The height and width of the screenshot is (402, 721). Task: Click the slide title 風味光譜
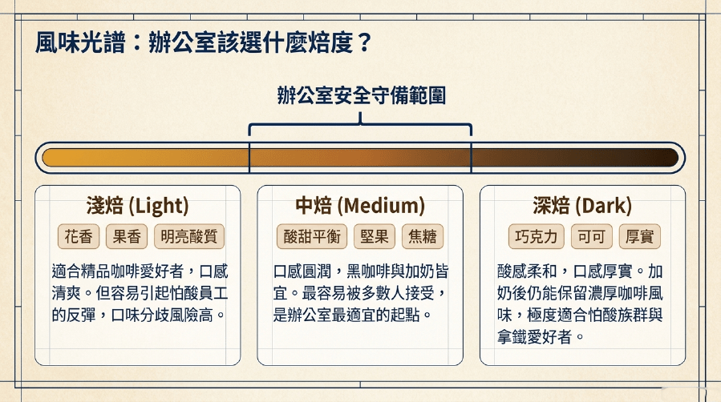click(80, 43)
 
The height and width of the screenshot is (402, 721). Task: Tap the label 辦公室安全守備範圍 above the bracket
click(361, 95)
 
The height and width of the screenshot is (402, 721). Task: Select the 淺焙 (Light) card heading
click(137, 206)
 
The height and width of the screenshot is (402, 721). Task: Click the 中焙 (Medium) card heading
click(360, 206)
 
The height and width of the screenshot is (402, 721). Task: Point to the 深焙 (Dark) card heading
click(582, 206)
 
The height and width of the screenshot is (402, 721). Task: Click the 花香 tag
click(79, 236)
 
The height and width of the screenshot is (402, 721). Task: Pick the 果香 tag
click(127, 236)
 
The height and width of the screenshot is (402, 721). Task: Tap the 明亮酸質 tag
click(189, 236)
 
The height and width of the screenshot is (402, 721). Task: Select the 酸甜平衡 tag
click(312, 236)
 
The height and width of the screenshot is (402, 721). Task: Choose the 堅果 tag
click(375, 236)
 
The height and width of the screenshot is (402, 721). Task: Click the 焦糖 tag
click(423, 236)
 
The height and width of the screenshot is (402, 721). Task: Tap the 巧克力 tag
click(537, 236)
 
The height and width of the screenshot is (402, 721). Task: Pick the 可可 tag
click(591, 236)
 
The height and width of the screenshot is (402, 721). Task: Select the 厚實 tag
click(640, 236)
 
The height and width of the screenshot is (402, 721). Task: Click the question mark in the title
click(364, 43)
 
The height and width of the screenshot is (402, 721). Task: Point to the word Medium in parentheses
click(381, 206)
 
